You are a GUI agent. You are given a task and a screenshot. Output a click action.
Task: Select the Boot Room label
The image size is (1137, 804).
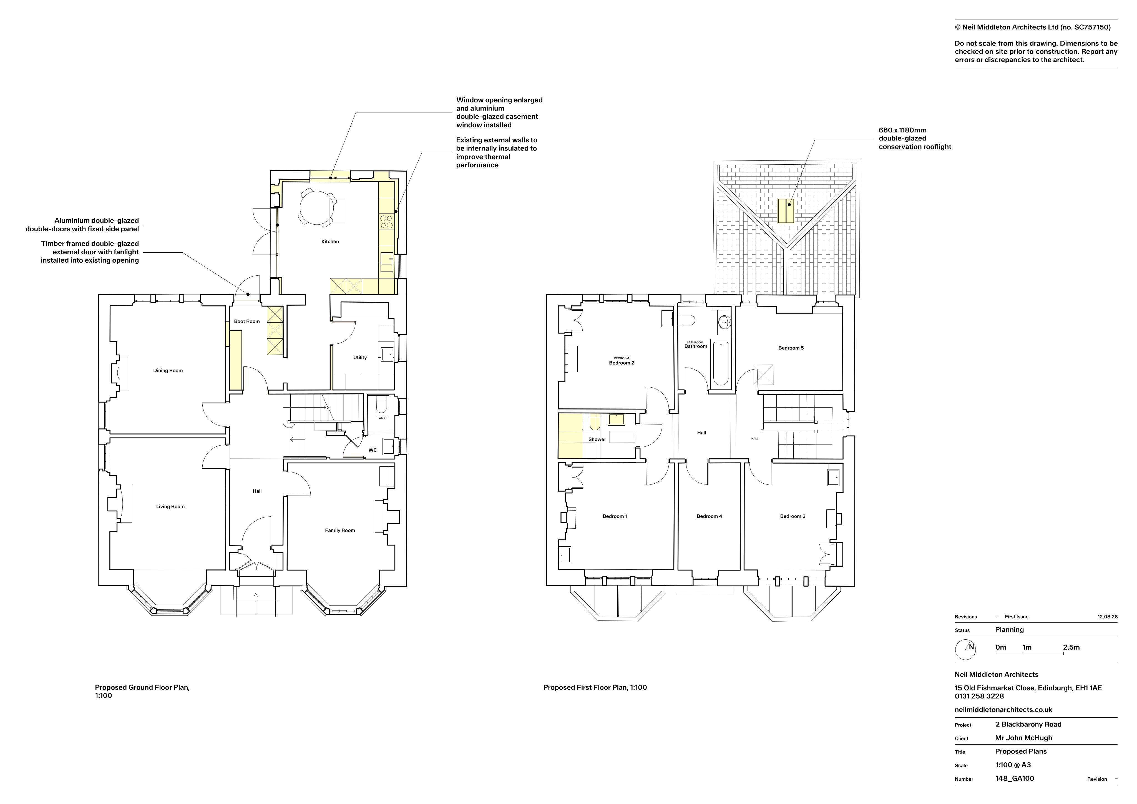pos(246,321)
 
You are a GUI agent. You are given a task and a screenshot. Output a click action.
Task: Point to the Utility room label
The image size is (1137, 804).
pos(360,358)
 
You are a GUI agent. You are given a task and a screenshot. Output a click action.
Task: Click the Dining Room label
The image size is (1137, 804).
pos(168,371)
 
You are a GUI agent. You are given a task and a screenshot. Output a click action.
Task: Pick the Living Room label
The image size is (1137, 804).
pos(170,506)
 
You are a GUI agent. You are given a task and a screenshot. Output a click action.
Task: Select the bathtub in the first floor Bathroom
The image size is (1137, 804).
pos(721,363)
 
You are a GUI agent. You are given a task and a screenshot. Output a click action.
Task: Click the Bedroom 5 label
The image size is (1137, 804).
pos(791,348)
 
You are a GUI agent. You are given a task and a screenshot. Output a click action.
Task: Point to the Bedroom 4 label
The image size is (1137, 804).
pos(709,516)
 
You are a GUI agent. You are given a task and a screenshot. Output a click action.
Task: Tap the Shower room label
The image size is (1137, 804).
pos(597,439)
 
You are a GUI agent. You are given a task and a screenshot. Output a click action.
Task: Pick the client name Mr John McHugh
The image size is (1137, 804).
pos(1023,738)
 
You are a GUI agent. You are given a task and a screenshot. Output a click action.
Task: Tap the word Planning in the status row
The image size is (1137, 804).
pos(1009,630)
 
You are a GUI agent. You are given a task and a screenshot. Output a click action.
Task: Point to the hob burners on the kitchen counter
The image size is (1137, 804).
pos(386,222)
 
